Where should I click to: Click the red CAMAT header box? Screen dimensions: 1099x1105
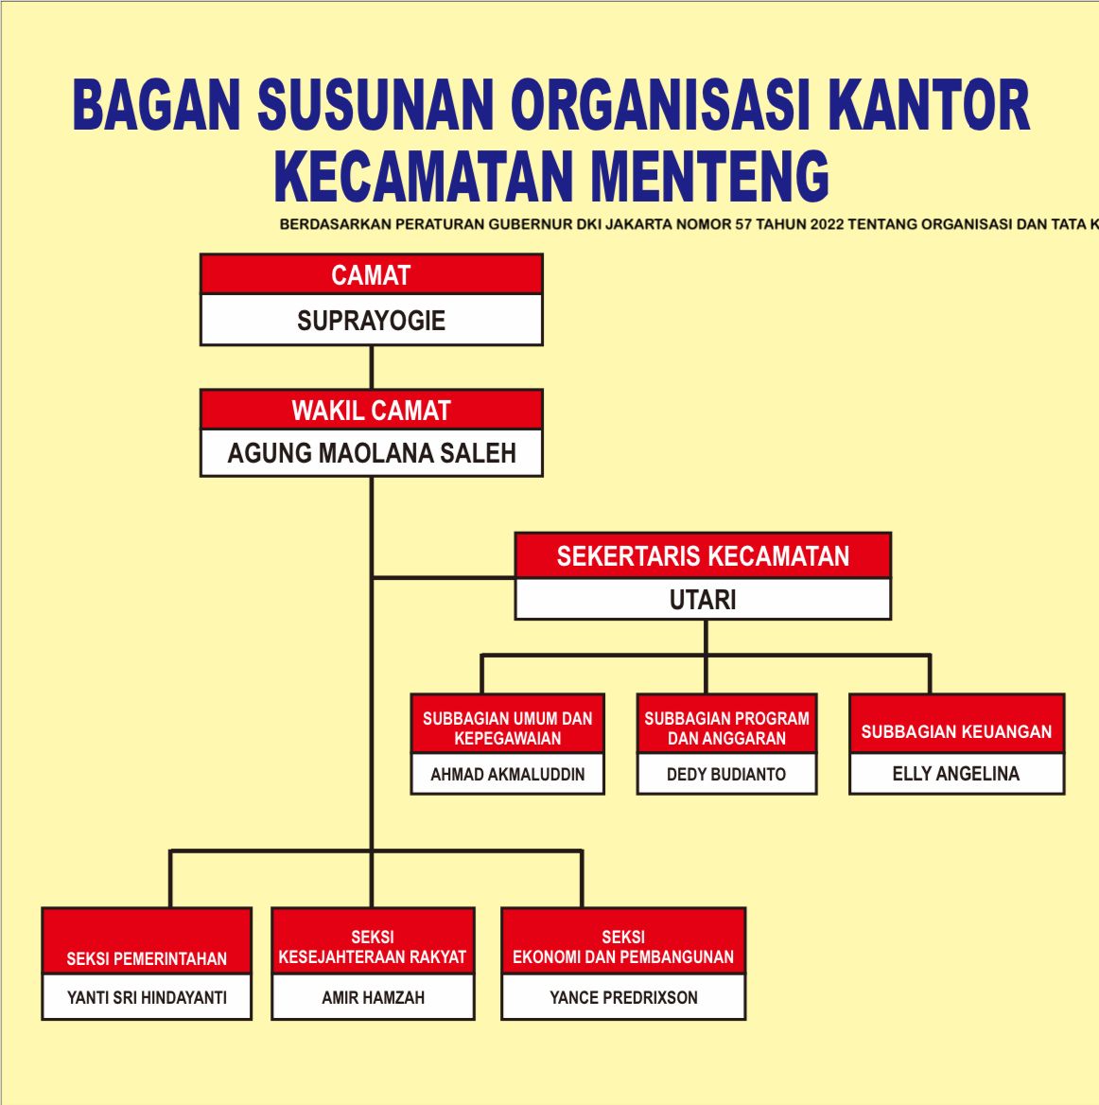[x=372, y=274]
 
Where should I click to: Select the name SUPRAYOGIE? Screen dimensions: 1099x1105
[x=372, y=321]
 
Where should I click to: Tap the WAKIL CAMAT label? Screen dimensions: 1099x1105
[x=372, y=411]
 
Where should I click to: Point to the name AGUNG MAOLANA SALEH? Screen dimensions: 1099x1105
[x=372, y=453]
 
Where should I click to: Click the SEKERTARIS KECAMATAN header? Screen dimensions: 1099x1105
[x=703, y=556]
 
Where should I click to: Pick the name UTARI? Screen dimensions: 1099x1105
[x=703, y=600]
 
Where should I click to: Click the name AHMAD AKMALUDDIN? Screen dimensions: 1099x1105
[x=507, y=775]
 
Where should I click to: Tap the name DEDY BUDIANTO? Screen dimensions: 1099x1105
[x=726, y=775]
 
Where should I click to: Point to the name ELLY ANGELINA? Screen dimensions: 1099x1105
[x=956, y=774]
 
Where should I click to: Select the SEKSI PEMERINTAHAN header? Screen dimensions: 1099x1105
[x=147, y=941]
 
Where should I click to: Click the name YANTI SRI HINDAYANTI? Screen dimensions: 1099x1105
[x=147, y=997]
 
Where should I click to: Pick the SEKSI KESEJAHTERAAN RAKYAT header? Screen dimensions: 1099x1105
[x=373, y=941]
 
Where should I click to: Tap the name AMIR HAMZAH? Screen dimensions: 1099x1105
[x=373, y=997]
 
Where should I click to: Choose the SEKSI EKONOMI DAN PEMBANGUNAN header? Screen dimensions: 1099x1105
[x=623, y=941]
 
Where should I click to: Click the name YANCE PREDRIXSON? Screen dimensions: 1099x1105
[x=623, y=997]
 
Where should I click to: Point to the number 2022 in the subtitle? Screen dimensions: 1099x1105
[x=827, y=224]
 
